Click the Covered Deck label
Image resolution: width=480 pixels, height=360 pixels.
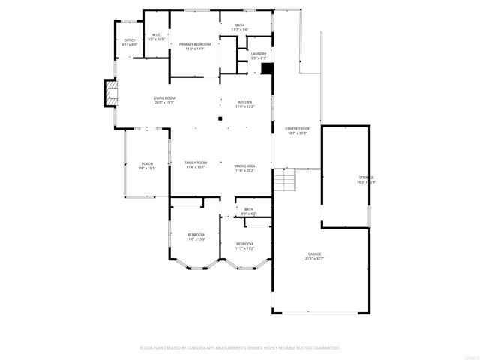[297, 130]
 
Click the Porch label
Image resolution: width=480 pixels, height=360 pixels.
[146, 166]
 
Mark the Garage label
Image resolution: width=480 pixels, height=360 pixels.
[314, 256]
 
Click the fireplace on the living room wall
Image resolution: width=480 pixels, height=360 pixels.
[111, 93]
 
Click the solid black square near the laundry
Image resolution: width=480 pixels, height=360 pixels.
[266, 68]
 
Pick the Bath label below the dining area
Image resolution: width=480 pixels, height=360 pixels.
[249, 211]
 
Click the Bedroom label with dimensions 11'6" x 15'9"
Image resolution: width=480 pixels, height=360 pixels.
[196, 237]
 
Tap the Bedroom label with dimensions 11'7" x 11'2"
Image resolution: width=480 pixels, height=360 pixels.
[245, 245]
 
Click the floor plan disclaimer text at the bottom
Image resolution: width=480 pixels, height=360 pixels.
[240, 347]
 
